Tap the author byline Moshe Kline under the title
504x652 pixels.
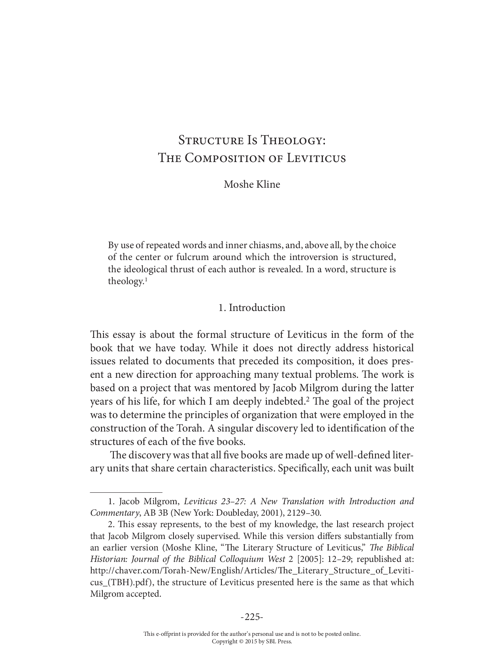252,184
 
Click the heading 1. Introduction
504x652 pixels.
252,307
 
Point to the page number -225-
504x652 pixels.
252,617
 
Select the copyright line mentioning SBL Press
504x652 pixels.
252,641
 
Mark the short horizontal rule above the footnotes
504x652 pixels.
126,493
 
